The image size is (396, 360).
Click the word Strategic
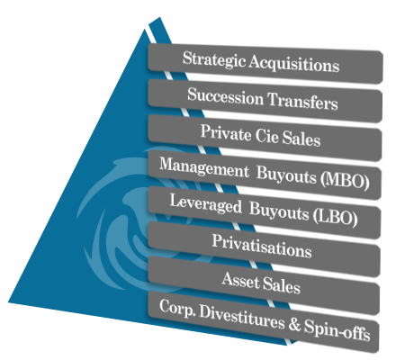click(x=214, y=59)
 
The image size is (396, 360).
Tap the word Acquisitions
click(x=294, y=64)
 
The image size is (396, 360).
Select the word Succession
click(x=225, y=96)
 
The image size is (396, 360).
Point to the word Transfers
click(x=302, y=101)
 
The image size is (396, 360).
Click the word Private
click(x=226, y=132)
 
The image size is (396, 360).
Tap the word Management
click(x=204, y=168)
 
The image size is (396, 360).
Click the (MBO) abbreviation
click(x=345, y=179)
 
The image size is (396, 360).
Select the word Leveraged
click(x=205, y=204)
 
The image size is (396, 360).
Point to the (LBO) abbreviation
click(x=336, y=216)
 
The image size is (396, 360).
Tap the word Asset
click(x=240, y=280)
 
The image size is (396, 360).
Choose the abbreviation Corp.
click(x=177, y=308)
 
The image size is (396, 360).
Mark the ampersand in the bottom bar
click(x=294, y=324)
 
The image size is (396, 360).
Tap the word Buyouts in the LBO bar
click(x=279, y=211)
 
